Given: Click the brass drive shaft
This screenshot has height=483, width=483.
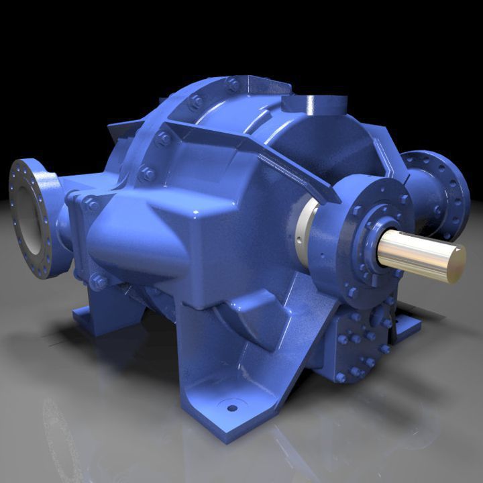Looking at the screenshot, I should pos(416,251).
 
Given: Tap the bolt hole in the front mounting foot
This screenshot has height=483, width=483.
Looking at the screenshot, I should pos(232,407).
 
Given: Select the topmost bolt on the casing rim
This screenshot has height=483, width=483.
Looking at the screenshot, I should pos(233,85).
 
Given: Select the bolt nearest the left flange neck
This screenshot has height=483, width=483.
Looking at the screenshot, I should pos(90,205).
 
